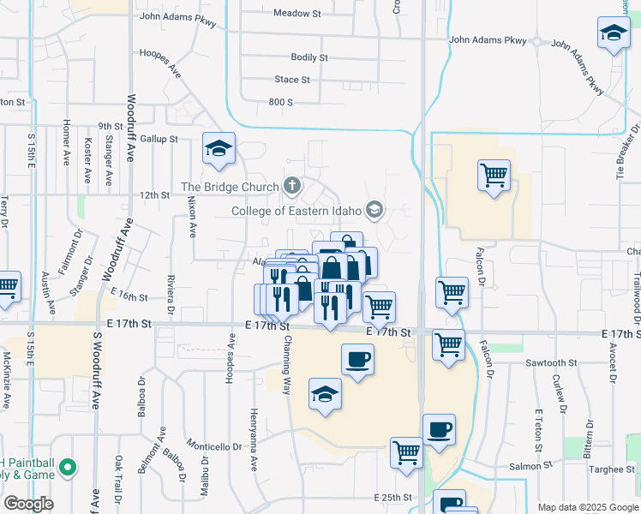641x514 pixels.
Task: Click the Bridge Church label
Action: click(230, 187)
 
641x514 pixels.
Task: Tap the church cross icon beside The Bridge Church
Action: click(292, 185)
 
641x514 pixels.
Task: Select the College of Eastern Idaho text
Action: click(297, 210)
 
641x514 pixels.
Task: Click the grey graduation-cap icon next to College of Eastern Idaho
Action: click(374, 209)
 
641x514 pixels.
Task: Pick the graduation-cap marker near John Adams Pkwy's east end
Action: click(614, 33)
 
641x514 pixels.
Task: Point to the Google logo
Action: click(28, 504)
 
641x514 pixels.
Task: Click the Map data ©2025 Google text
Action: click(587, 507)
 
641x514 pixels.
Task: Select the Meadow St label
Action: click(296, 13)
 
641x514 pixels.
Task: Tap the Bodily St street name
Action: click(309, 57)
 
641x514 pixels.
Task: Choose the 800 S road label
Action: click(281, 102)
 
